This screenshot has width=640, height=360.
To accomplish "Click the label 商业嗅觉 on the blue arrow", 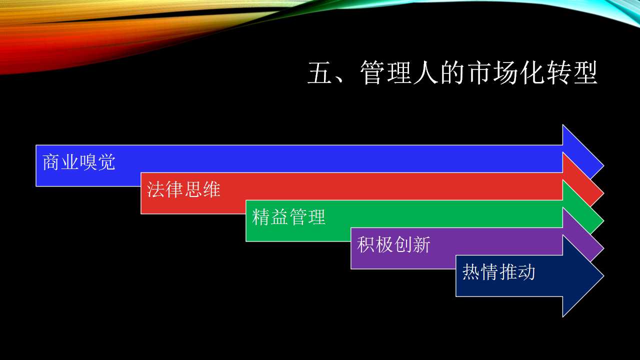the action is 79,162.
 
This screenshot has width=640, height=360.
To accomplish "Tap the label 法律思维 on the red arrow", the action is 183,189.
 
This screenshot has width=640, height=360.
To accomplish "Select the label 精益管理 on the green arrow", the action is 288,217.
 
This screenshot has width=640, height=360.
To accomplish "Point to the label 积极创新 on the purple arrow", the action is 393,244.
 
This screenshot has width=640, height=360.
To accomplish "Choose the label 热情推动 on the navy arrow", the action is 498,271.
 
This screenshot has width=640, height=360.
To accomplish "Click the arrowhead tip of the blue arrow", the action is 603,165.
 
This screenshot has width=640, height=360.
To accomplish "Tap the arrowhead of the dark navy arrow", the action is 583,276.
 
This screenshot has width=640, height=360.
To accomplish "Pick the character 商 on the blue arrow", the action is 51,162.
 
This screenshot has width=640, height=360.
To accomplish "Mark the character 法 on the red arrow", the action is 155,189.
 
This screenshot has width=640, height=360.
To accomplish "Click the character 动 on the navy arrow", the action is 526,271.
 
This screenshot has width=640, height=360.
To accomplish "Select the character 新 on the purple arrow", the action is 421,244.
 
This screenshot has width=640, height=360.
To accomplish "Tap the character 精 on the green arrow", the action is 261,217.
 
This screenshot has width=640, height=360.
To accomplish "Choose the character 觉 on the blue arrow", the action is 106,162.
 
